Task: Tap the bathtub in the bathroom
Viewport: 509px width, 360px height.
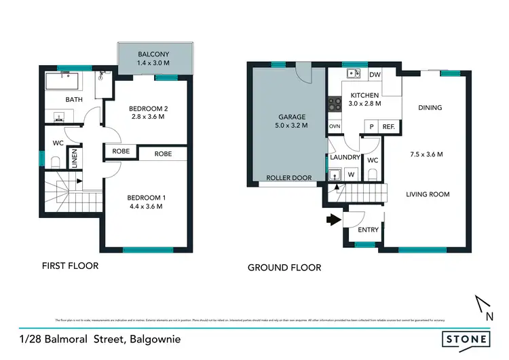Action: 62,83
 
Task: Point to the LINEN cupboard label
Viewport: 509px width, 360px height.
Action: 75,161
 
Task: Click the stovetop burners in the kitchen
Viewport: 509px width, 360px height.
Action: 335,104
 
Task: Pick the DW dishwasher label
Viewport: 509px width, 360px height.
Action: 375,75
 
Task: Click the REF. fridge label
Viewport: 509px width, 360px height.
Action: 389,126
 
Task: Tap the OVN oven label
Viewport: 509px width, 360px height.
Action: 334,126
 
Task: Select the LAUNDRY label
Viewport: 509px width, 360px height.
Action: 345,157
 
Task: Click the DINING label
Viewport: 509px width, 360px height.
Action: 430,107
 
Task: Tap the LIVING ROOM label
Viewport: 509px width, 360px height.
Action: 428,194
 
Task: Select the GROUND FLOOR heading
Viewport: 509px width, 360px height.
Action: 284,268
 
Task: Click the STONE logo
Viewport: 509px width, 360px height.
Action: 465,338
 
